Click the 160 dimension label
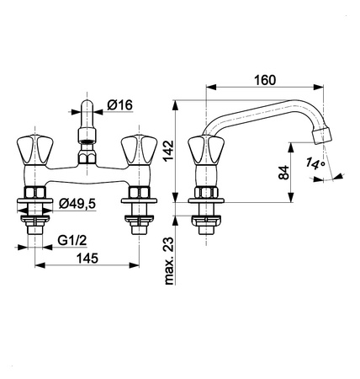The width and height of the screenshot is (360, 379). pyautogui.click(x=265, y=80)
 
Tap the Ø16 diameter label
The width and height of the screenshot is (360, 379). pyautogui.click(x=119, y=105)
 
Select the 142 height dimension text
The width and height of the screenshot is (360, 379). pyautogui.click(x=169, y=151)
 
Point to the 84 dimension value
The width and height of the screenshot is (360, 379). pyautogui.click(x=283, y=173)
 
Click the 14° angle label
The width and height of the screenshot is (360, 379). pyautogui.click(x=315, y=163)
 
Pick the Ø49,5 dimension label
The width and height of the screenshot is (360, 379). pyautogui.click(x=77, y=204)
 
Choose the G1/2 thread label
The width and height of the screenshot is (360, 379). pyautogui.click(x=72, y=241)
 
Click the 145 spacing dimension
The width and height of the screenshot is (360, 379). pyautogui.click(x=87, y=259)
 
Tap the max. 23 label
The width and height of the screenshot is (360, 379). pyautogui.click(x=169, y=261)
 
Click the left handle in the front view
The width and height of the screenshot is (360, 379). pyautogui.click(x=34, y=150)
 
